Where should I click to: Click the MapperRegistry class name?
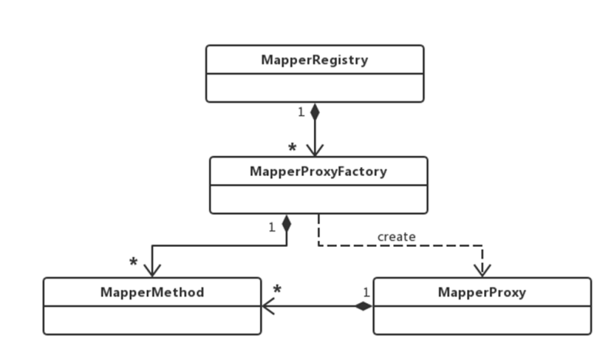tap(315, 60)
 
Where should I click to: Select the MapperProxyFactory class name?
tap(319, 172)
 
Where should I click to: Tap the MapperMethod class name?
tap(152, 292)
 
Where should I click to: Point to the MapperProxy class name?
tap(482, 292)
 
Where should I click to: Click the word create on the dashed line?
tap(396, 237)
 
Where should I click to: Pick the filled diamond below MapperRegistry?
tap(315, 112)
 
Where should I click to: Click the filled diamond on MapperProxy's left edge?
tap(363, 306)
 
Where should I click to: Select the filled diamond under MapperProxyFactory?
tap(286, 224)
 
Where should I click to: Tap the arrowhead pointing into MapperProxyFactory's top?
tap(315, 151)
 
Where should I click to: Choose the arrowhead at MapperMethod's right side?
tap(269, 306)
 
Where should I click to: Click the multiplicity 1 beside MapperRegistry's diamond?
tap(301, 112)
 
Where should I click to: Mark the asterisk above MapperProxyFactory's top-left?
tap(292, 148)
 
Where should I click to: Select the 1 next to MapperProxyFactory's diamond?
tap(272, 227)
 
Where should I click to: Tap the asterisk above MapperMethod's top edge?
tap(133, 262)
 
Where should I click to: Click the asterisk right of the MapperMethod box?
tap(277, 289)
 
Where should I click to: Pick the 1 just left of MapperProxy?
tap(366, 292)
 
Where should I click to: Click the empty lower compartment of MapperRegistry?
tap(315, 88)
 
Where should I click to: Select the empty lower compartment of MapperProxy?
tap(482, 320)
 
